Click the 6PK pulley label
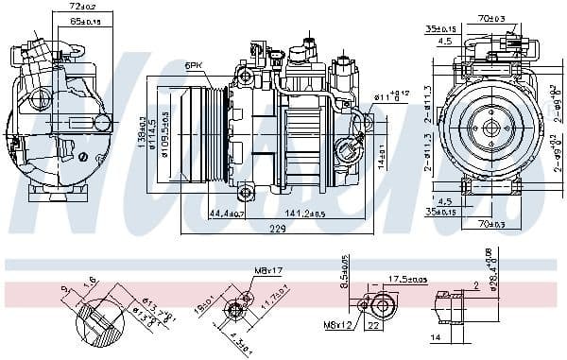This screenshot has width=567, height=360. pyautogui.click(x=194, y=65)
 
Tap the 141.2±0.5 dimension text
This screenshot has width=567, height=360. pyautogui.click(x=305, y=214)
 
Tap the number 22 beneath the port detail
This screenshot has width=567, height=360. pyautogui.click(x=374, y=326)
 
